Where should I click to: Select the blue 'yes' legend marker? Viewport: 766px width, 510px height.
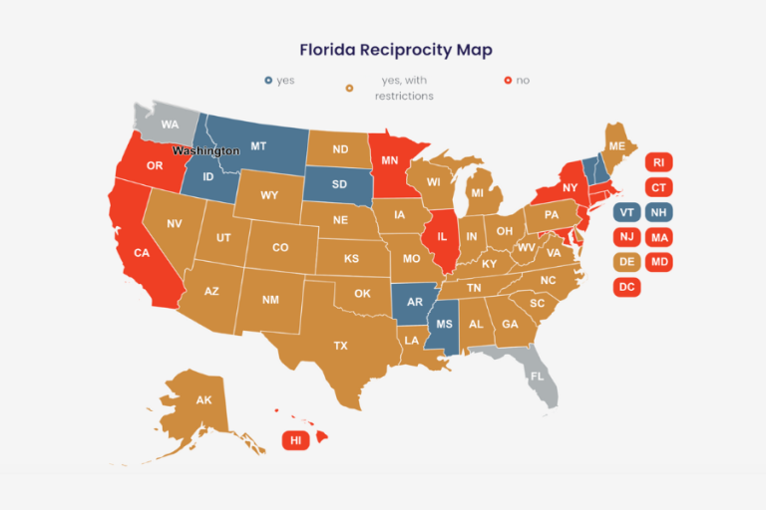pyautogui.click(x=268, y=80)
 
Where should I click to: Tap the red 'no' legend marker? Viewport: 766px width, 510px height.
pyautogui.click(x=508, y=80)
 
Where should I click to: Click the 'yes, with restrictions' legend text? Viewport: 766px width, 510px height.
pyautogui.click(x=403, y=88)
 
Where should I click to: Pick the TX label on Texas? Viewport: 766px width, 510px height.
pyautogui.click(x=341, y=346)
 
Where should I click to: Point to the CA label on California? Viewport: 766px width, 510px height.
pyautogui.click(x=142, y=253)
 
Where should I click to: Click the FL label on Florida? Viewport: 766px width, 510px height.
pyautogui.click(x=538, y=377)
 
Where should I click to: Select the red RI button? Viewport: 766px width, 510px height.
pyautogui.click(x=658, y=161)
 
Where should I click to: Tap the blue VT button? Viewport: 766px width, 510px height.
pyautogui.click(x=626, y=212)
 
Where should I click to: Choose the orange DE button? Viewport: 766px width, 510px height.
pyautogui.click(x=626, y=262)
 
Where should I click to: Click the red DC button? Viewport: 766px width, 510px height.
pyautogui.click(x=626, y=287)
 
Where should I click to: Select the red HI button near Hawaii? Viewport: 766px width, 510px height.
pyautogui.click(x=295, y=439)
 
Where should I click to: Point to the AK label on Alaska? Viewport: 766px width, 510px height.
pyautogui.click(x=203, y=400)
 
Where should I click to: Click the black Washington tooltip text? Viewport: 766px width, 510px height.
pyautogui.click(x=205, y=150)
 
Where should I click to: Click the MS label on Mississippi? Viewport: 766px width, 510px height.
pyautogui.click(x=444, y=325)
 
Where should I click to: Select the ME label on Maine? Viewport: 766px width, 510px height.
pyautogui.click(x=617, y=146)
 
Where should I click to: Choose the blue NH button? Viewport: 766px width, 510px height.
pyautogui.click(x=658, y=212)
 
